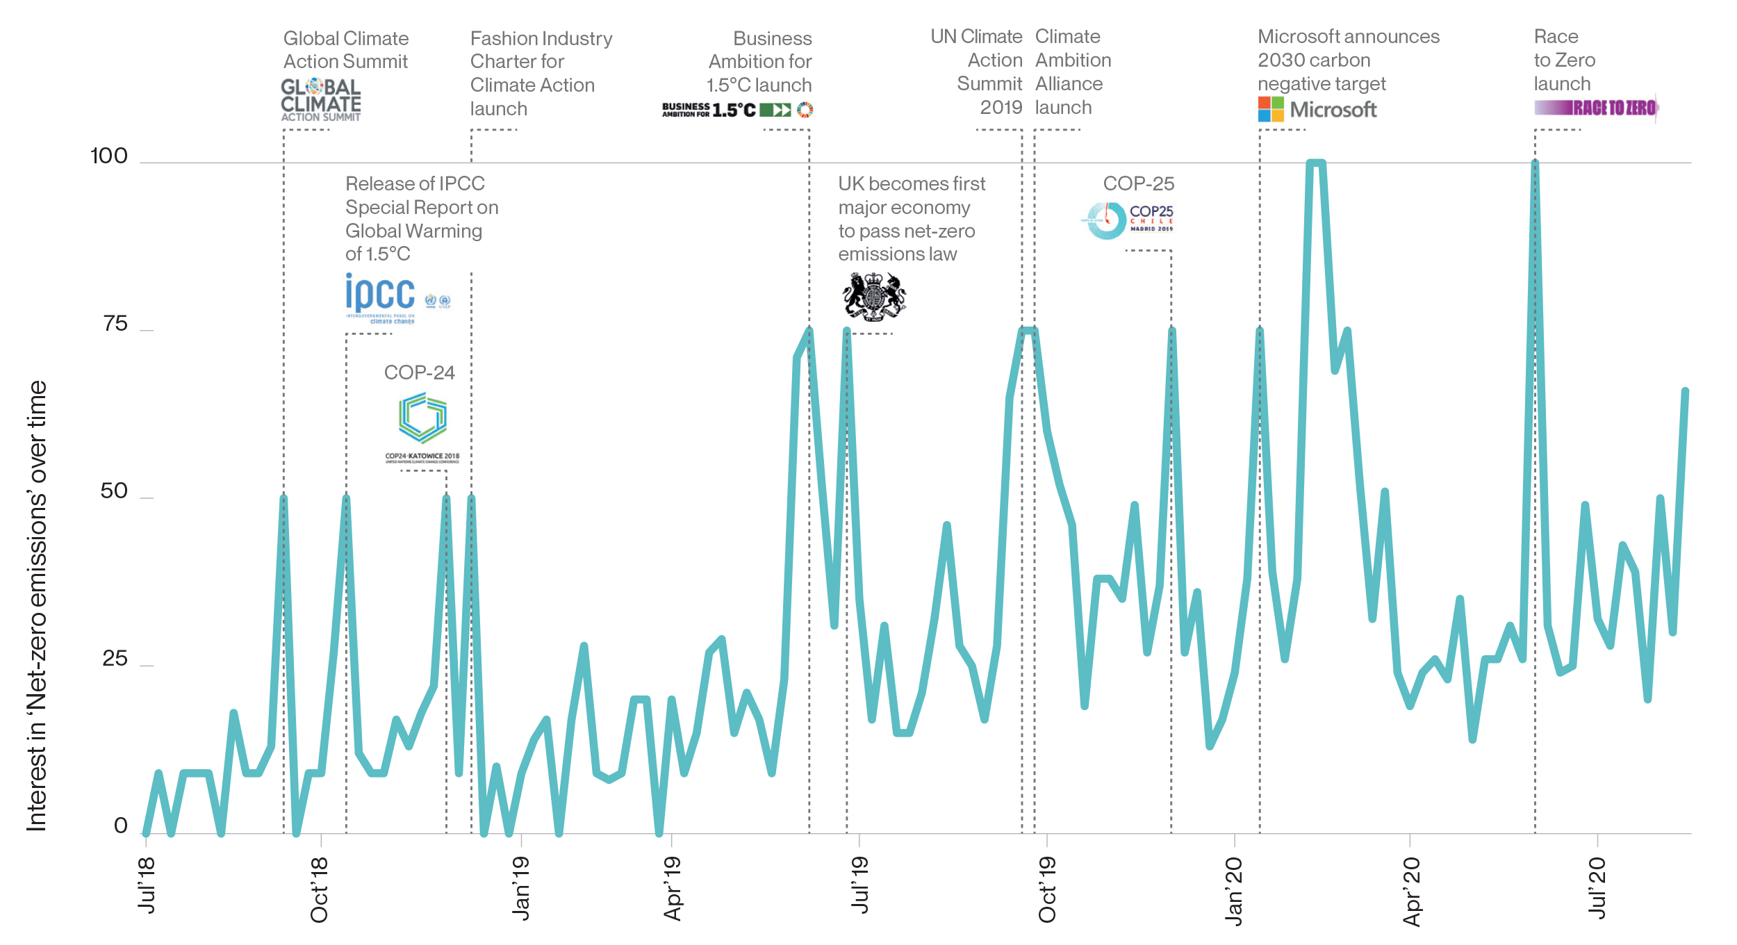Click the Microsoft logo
[1317, 109]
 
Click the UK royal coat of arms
[874, 297]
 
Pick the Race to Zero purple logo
[1596, 108]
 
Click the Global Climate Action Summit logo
[321, 99]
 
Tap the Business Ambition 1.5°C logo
[737, 110]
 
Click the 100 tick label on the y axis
[109, 156]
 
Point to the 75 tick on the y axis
[115, 324]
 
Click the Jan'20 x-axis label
[1234, 891]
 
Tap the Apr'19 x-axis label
[672, 889]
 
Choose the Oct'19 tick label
[1047, 890]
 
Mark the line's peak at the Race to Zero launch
[1535, 163]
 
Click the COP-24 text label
[419, 372]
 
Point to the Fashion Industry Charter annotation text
[541, 73]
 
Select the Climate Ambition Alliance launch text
[1073, 72]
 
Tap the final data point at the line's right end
[1685, 391]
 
